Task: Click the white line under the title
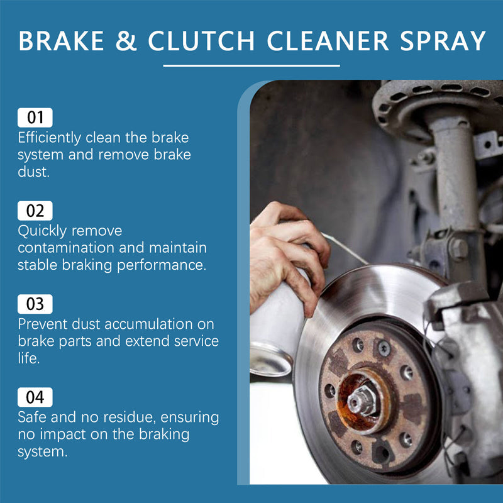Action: pos(251,65)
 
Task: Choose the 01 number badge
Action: pos(35,118)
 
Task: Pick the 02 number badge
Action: pos(35,211)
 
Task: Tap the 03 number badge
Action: pos(35,304)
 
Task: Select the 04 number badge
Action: pos(35,397)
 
